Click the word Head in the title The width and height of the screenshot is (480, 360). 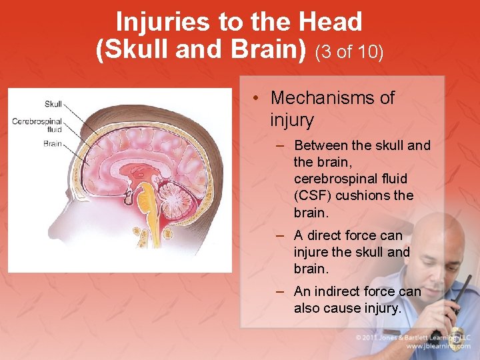pyautogui.click(x=331, y=22)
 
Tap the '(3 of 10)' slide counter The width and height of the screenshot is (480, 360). pyautogui.click(x=350, y=52)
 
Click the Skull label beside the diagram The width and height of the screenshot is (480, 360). pyautogui.click(x=53, y=103)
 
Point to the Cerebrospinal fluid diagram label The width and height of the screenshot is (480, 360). pyautogui.click(x=37, y=125)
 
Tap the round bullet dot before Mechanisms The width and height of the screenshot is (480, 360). pyautogui.click(x=256, y=99)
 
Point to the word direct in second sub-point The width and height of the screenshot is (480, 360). pyautogui.click(x=331, y=235)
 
